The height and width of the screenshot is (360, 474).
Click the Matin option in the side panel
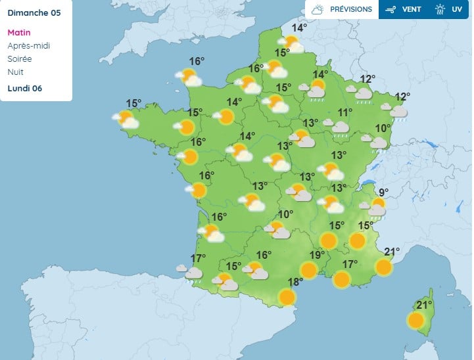18,32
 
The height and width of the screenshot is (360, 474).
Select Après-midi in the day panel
28,45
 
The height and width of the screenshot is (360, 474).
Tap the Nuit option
15,72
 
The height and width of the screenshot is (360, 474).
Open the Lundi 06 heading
26,88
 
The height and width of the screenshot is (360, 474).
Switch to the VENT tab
404,10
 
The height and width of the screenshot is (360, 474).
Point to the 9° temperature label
383,192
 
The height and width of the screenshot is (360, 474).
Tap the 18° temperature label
295,282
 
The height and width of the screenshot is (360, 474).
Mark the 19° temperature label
317,256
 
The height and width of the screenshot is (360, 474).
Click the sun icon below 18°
287,298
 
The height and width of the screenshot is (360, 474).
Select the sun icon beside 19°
308,270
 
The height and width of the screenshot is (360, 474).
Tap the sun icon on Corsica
415,321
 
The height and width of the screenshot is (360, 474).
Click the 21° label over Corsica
425,305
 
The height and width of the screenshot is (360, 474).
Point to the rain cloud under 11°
340,127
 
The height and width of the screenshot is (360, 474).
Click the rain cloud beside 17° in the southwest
193,273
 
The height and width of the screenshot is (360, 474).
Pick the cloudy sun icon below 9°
377,208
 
